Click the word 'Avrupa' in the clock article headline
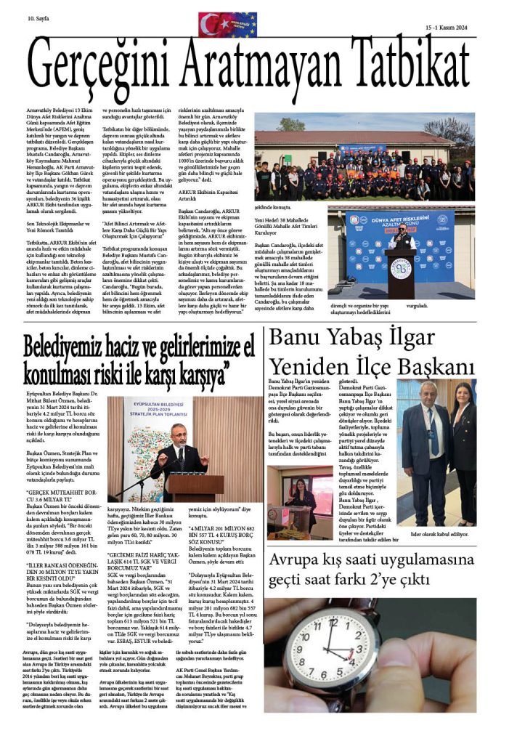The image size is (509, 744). coord(297,560)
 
